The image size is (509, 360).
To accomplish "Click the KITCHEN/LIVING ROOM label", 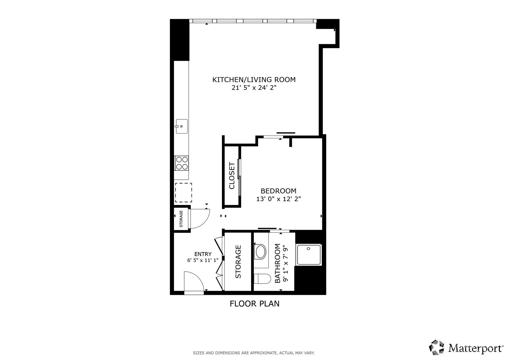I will [254, 79].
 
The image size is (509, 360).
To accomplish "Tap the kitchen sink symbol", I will [182, 126].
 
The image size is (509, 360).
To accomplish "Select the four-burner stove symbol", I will [182, 163].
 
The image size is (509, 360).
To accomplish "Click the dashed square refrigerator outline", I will [184, 193].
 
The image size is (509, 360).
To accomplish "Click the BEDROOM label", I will [278, 191].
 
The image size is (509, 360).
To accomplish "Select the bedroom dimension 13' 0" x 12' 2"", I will [278, 199].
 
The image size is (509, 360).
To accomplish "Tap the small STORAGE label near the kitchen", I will [181, 219].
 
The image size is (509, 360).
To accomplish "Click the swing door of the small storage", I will [199, 218].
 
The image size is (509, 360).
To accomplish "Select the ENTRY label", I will [203, 254].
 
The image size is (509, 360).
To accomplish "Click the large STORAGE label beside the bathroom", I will [238, 262].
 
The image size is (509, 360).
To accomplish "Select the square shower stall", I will [309, 255].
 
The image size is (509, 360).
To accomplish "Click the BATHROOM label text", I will [278, 263].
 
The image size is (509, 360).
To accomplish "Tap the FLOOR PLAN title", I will [254, 304].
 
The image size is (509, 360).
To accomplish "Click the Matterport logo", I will [466, 348].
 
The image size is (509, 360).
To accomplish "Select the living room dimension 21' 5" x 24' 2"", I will [254, 88].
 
